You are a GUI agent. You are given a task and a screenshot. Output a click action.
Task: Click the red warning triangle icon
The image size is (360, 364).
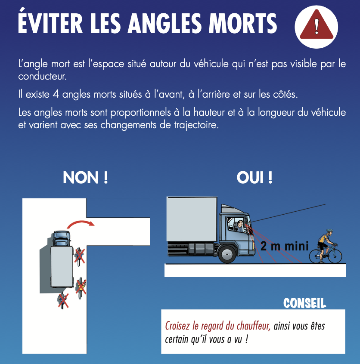pos(317,25)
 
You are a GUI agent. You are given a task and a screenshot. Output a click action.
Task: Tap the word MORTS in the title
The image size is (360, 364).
pos(243,23)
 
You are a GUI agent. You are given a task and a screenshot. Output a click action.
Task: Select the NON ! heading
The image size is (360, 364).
pos(85,178)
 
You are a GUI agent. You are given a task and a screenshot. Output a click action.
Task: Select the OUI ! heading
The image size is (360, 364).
pos(254,178)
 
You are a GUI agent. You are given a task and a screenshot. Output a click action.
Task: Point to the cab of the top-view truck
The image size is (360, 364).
pos(61,239)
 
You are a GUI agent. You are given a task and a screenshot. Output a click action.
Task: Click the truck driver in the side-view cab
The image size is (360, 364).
pos(240,225)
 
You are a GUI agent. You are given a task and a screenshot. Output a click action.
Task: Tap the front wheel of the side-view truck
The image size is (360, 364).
pos(227,254)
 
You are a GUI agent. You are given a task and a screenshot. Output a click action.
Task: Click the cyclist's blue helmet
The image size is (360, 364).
pos(329,231)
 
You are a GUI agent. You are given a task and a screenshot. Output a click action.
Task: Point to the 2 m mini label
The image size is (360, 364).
pos(285,246)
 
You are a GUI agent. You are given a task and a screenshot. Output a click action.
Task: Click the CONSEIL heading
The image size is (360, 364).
pos(304,303)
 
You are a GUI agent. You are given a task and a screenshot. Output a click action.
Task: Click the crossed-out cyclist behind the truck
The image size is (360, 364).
pos(63,301)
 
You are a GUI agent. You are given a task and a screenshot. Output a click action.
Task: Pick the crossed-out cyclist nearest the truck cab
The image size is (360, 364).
pos(79,256)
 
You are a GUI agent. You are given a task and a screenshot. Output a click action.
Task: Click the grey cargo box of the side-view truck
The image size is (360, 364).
pos(192,219)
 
